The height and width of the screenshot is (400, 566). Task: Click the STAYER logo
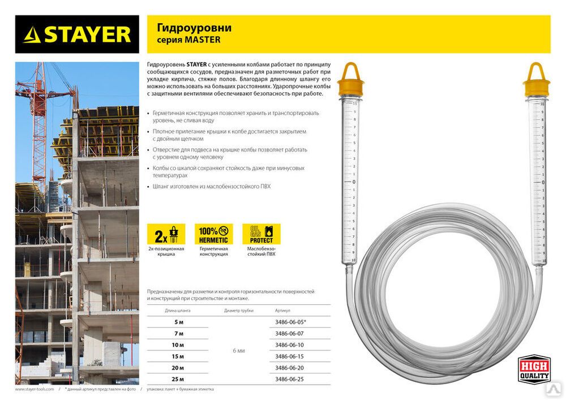click(77, 35)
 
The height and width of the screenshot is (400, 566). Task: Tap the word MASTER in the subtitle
click(206, 40)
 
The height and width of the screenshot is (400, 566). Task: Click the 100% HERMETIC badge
click(213, 234)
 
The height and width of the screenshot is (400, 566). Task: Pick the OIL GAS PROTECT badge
click(261, 234)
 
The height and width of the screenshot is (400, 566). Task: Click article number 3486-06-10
click(289, 345)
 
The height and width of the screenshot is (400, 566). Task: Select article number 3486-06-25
click(289, 379)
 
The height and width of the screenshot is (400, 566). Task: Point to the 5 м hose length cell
click(179, 322)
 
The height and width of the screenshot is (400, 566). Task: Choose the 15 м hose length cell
click(179, 356)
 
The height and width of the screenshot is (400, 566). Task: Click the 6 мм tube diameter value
click(239, 351)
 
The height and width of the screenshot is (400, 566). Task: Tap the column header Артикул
click(282, 311)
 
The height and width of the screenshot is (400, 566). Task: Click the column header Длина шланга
click(178, 311)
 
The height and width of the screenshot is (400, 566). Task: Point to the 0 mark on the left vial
click(354, 182)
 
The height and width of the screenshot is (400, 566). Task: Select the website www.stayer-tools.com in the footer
click(35, 389)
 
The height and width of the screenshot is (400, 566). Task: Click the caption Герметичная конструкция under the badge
click(213, 251)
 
